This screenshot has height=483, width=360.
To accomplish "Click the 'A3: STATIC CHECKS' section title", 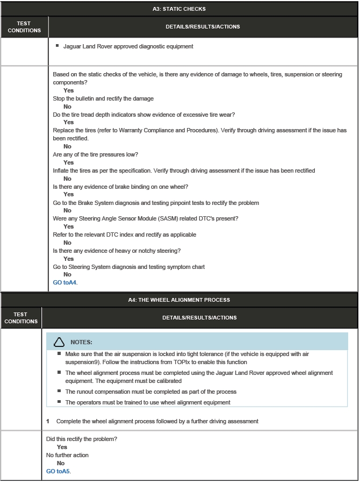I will tap(179, 9).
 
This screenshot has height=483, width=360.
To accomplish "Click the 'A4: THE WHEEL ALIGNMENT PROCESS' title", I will tap(179, 300).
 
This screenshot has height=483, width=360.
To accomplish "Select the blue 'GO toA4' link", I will tap(64, 282).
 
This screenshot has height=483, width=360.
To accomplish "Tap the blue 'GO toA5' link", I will tap(58, 471).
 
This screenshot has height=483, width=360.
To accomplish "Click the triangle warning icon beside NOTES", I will tap(60, 342).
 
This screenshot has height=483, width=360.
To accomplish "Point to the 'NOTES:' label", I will tap(81, 342).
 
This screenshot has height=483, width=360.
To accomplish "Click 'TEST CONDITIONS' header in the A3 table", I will tap(24, 27).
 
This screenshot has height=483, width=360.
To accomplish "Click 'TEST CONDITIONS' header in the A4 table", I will tap(21, 318).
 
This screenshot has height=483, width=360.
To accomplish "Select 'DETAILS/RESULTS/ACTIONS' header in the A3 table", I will tap(203, 27).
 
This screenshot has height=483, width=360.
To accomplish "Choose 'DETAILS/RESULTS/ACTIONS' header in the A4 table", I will tap(199, 318).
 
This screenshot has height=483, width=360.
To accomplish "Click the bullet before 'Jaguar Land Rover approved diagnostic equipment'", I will tap(57, 46).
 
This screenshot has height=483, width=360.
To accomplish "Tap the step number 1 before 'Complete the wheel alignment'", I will tap(48, 421).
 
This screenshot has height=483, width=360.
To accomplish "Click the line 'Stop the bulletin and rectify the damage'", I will tap(103, 98).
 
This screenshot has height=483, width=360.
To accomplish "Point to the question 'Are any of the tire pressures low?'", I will tap(95, 154).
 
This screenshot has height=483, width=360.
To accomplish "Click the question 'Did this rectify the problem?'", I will tap(81, 439).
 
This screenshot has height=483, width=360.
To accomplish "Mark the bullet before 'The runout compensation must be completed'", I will tap(59, 391).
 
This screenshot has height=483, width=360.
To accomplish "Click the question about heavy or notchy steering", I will tap(116, 251).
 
